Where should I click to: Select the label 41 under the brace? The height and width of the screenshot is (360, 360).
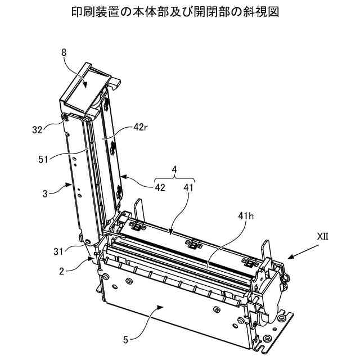pyautogui.click(x=187, y=187)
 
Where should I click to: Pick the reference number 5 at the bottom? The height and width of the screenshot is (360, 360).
pyautogui.click(x=125, y=339)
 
